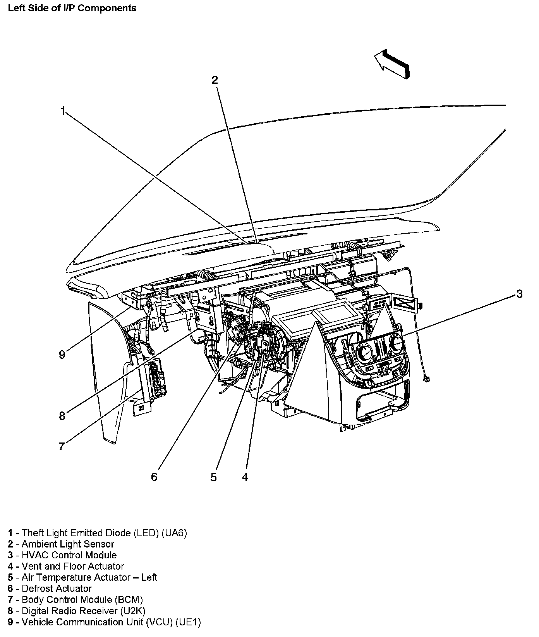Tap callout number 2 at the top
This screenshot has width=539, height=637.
[x=215, y=80]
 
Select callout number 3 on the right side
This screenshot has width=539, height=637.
[x=519, y=294]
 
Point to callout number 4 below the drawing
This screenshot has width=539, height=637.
[x=245, y=477]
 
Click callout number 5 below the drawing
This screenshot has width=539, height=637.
[x=214, y=477]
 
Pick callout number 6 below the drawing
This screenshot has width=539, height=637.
[x=154, y=477]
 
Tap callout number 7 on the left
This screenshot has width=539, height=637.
[x=62, y=446]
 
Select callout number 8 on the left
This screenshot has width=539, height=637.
[x=62, y=416]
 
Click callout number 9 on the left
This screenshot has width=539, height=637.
[x=62, y=355]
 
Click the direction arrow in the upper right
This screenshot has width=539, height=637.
[x=391, y=63]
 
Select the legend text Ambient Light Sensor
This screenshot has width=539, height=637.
[x=68, y=544]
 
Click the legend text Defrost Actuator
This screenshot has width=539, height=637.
[x=57, y=589]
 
